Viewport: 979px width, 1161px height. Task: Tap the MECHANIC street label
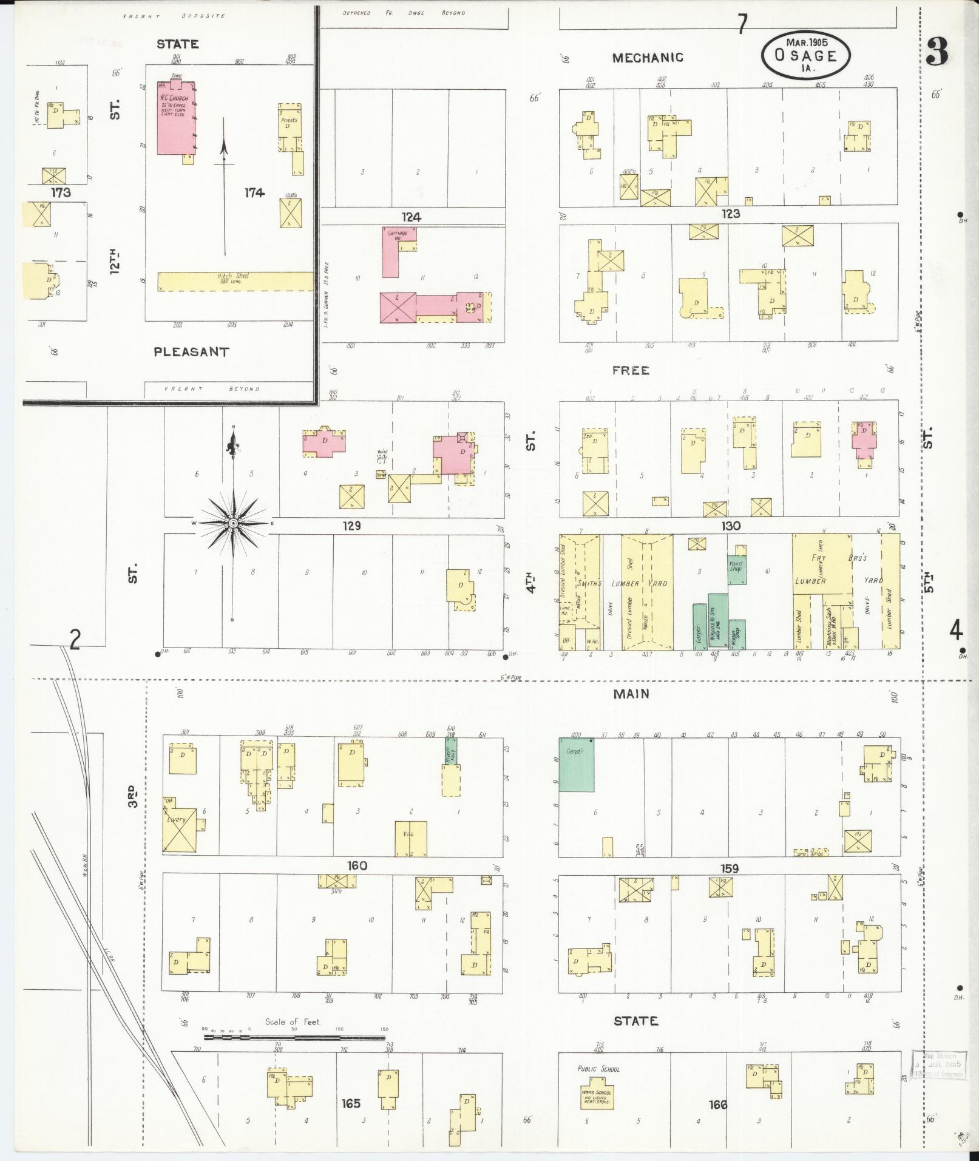pyautogui.click(x=647, y=58)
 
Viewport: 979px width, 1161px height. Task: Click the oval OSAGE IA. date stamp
pyautogui.click(x=805, y=55)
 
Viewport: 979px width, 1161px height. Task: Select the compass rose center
pyautogui.click(x=232, y=523)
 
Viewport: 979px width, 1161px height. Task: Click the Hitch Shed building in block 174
pyautogui.click(x=234, y=281)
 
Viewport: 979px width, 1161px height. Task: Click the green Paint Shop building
pyautogui.click(x=737, y=566)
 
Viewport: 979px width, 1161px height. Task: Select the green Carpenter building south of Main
pyautogui.click(x=576, y=765)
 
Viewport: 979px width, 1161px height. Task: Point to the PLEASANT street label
pyautogui.click(x=191, y=352)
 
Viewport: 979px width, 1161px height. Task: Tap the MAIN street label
pyautogui.click(x=631, y=694)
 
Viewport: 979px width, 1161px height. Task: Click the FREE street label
pyautogui.click(x=631, y=370)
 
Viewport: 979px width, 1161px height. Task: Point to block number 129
pyautogui.click(x=351, y=526)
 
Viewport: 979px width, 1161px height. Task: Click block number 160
pyautogui.click(x=356, y=865)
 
